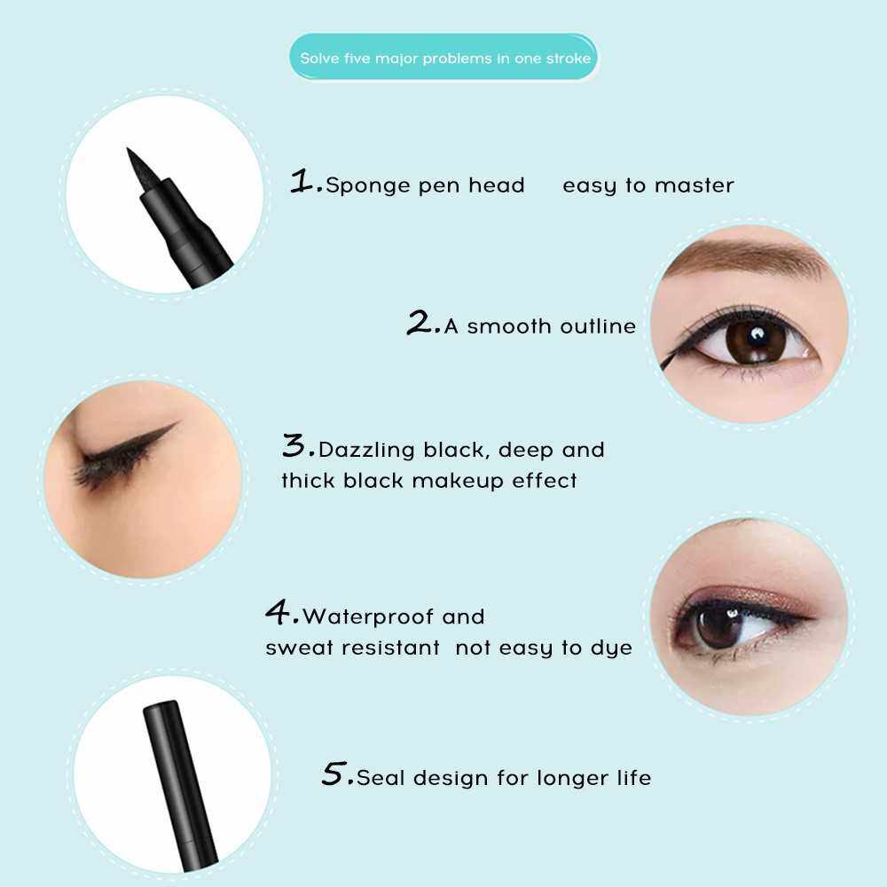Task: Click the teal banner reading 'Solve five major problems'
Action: point(443,57)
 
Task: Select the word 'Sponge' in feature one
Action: point(368,186)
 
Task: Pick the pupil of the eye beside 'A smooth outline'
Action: point(755,340)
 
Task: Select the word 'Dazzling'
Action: point(366,451)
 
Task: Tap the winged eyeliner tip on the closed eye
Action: point(177,424)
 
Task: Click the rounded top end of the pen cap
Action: point(161,706)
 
